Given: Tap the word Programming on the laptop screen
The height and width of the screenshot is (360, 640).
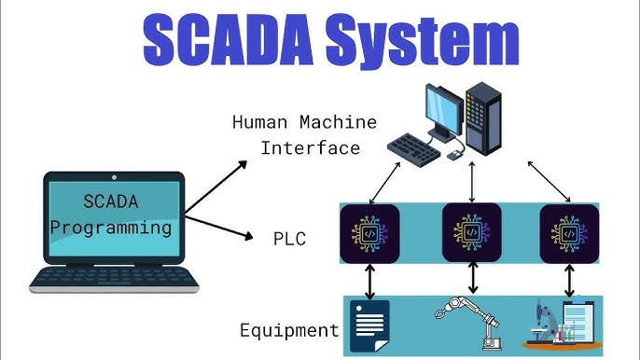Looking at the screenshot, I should coord(111,226).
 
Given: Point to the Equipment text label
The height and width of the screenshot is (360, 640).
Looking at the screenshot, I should coord(289,329).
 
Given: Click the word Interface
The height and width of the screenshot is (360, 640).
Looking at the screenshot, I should coord(309,147).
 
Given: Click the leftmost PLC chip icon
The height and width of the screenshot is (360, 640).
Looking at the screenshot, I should coord(369,233).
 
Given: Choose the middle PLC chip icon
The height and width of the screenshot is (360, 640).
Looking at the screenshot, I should coord(471,233).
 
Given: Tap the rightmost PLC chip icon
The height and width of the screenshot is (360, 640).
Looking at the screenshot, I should coord(568,233).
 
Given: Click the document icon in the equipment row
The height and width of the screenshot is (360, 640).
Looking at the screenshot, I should coord(369,325).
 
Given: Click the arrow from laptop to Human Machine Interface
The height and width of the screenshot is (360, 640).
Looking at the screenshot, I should coord(217,185).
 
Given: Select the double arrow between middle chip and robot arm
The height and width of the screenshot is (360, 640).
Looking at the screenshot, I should coord(472,277).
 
